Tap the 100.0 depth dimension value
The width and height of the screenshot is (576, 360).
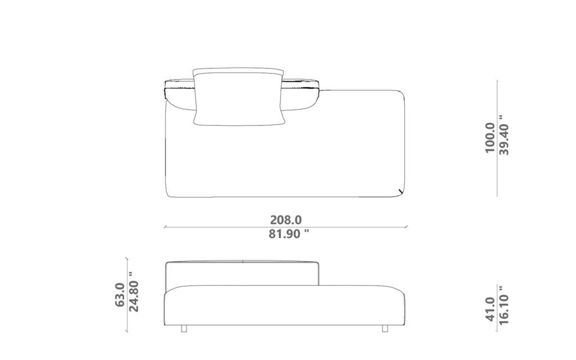coord(489,138)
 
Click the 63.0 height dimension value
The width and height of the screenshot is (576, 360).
coord(120,294)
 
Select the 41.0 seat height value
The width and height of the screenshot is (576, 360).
coord(489,309)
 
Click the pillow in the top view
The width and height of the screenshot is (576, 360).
coord(238,97)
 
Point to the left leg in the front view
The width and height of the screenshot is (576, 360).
coord(184,328)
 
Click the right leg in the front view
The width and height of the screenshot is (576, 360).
coord(385,328)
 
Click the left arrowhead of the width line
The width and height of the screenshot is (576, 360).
coord(165,227)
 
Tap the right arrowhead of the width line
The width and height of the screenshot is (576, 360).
coord(406,227)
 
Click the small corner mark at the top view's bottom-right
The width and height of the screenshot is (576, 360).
coord(399,192)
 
